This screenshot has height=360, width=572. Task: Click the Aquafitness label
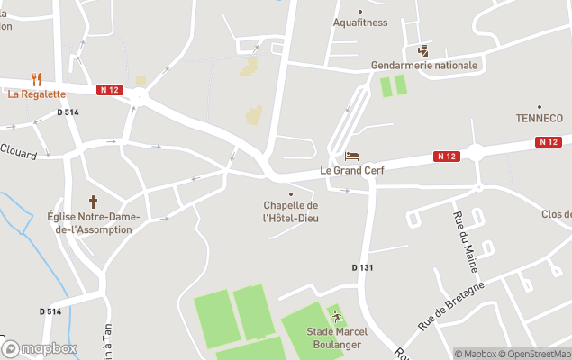click(360, 22)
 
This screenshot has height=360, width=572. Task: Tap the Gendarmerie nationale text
click(424, 66)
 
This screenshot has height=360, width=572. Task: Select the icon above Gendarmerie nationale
click(423, 50)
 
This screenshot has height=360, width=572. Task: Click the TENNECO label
click(539, 118)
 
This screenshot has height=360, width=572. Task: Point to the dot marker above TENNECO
click(539, 106)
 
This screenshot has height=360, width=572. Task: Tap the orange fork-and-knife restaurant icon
click(36, 79)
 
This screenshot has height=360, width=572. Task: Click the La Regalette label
click(37, 94)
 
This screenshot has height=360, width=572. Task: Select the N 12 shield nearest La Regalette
click(110, 89)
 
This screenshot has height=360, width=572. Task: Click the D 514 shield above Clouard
click(68, 112)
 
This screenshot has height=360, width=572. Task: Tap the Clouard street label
click(18, 151)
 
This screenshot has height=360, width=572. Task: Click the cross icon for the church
click(92, 202)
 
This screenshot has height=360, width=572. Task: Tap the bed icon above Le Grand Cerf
click(351, 157)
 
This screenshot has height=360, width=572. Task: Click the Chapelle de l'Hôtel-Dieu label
click(290, 212)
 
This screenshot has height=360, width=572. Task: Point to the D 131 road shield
click(362, 267)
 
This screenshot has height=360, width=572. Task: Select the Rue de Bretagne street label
click(450, 305)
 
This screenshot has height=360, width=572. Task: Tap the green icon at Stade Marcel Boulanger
click(337, 317)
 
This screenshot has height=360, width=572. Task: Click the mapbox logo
click(40, 348)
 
